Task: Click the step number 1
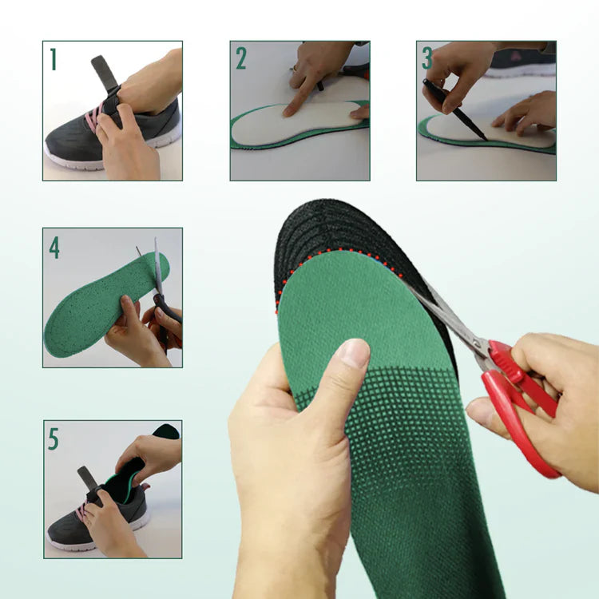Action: pos(54,59)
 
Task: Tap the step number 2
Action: pos(241,58)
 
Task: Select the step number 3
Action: pos(427,58)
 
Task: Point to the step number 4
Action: pos(54,248)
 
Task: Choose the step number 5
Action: pos(54,438)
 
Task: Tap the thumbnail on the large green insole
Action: pos(353,352)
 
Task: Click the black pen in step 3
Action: pos(454,109)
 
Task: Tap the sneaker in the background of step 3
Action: pos(523,62)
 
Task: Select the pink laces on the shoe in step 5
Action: pos(81,511)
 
